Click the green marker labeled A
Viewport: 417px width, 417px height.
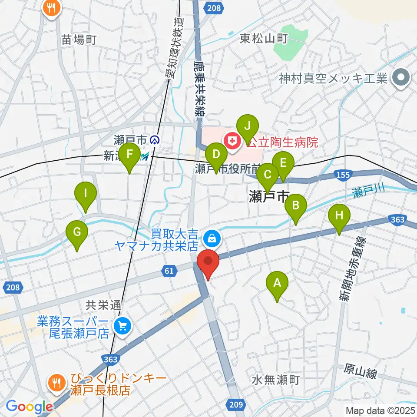click(277, 283)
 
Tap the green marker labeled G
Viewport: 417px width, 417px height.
click(77, 232)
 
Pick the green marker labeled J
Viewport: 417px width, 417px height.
click(248, 127)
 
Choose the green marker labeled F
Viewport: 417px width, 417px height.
click(129, 154)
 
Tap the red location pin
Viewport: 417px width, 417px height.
click(208, 262)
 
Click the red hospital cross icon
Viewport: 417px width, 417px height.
click(230, 141)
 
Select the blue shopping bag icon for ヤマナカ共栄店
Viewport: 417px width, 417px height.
click(212, 238)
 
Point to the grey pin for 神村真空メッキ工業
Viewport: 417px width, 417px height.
click(400, 78)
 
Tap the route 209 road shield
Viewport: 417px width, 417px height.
click(233, 405)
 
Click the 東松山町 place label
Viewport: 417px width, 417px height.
click(264, 39)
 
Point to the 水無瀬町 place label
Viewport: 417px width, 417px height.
click(275, 381)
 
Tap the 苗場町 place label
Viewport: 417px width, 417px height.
click(79, 40)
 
